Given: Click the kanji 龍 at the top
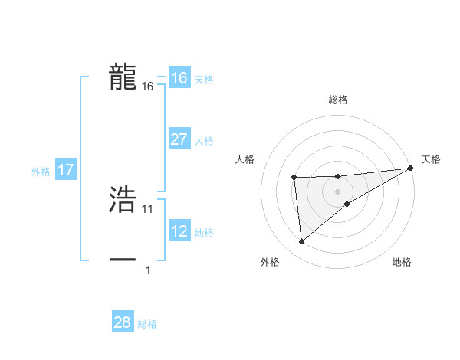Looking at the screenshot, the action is (123, 77).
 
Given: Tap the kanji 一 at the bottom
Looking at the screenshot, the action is (123, 260).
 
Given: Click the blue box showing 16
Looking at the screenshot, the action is (179, 78).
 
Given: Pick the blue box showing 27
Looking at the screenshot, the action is (179, 139).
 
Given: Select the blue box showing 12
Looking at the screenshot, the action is (179, 231).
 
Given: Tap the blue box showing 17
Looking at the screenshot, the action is (66, 170).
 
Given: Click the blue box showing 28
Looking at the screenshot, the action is (123, 322).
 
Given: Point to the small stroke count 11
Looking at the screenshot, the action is (148, 208).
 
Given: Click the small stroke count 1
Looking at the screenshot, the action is (148, 270).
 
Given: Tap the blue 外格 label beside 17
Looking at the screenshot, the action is (41, 172).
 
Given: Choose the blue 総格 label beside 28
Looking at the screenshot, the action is (147, 324).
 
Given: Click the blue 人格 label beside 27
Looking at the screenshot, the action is (204, 141).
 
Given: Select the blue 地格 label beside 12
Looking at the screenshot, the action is (204, 233).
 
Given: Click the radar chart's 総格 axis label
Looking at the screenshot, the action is (338, 100).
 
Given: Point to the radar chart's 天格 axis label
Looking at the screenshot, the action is (431, 159).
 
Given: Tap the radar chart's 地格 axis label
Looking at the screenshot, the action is (402, 263).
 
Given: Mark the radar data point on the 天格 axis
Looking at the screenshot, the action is (411, 168).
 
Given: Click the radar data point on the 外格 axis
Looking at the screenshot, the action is (301, 242).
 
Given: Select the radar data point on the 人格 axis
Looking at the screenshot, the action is (294, 178).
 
